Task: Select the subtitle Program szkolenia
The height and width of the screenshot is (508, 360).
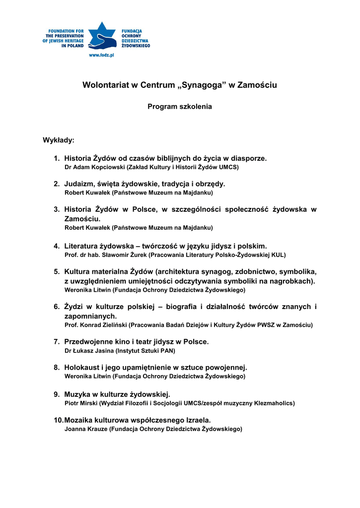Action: click(x=180, y=107)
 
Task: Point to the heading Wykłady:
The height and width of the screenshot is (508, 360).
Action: click(x=59, y=140)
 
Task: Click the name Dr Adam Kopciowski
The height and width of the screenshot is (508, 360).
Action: click(x=95, y=168)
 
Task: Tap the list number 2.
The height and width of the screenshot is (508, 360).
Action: click(x=57, y=184)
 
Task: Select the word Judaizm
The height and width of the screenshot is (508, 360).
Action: click(x=80, y=184)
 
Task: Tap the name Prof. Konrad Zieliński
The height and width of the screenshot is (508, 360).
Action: click(x=96, y=325)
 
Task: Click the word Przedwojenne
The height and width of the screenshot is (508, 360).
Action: click(x=88, y=342)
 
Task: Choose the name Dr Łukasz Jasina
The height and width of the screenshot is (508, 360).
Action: click(x=89, y=351)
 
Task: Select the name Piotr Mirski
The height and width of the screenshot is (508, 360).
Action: click(x=81, y=403)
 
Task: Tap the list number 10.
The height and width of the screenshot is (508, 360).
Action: click(x=58, y=420)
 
